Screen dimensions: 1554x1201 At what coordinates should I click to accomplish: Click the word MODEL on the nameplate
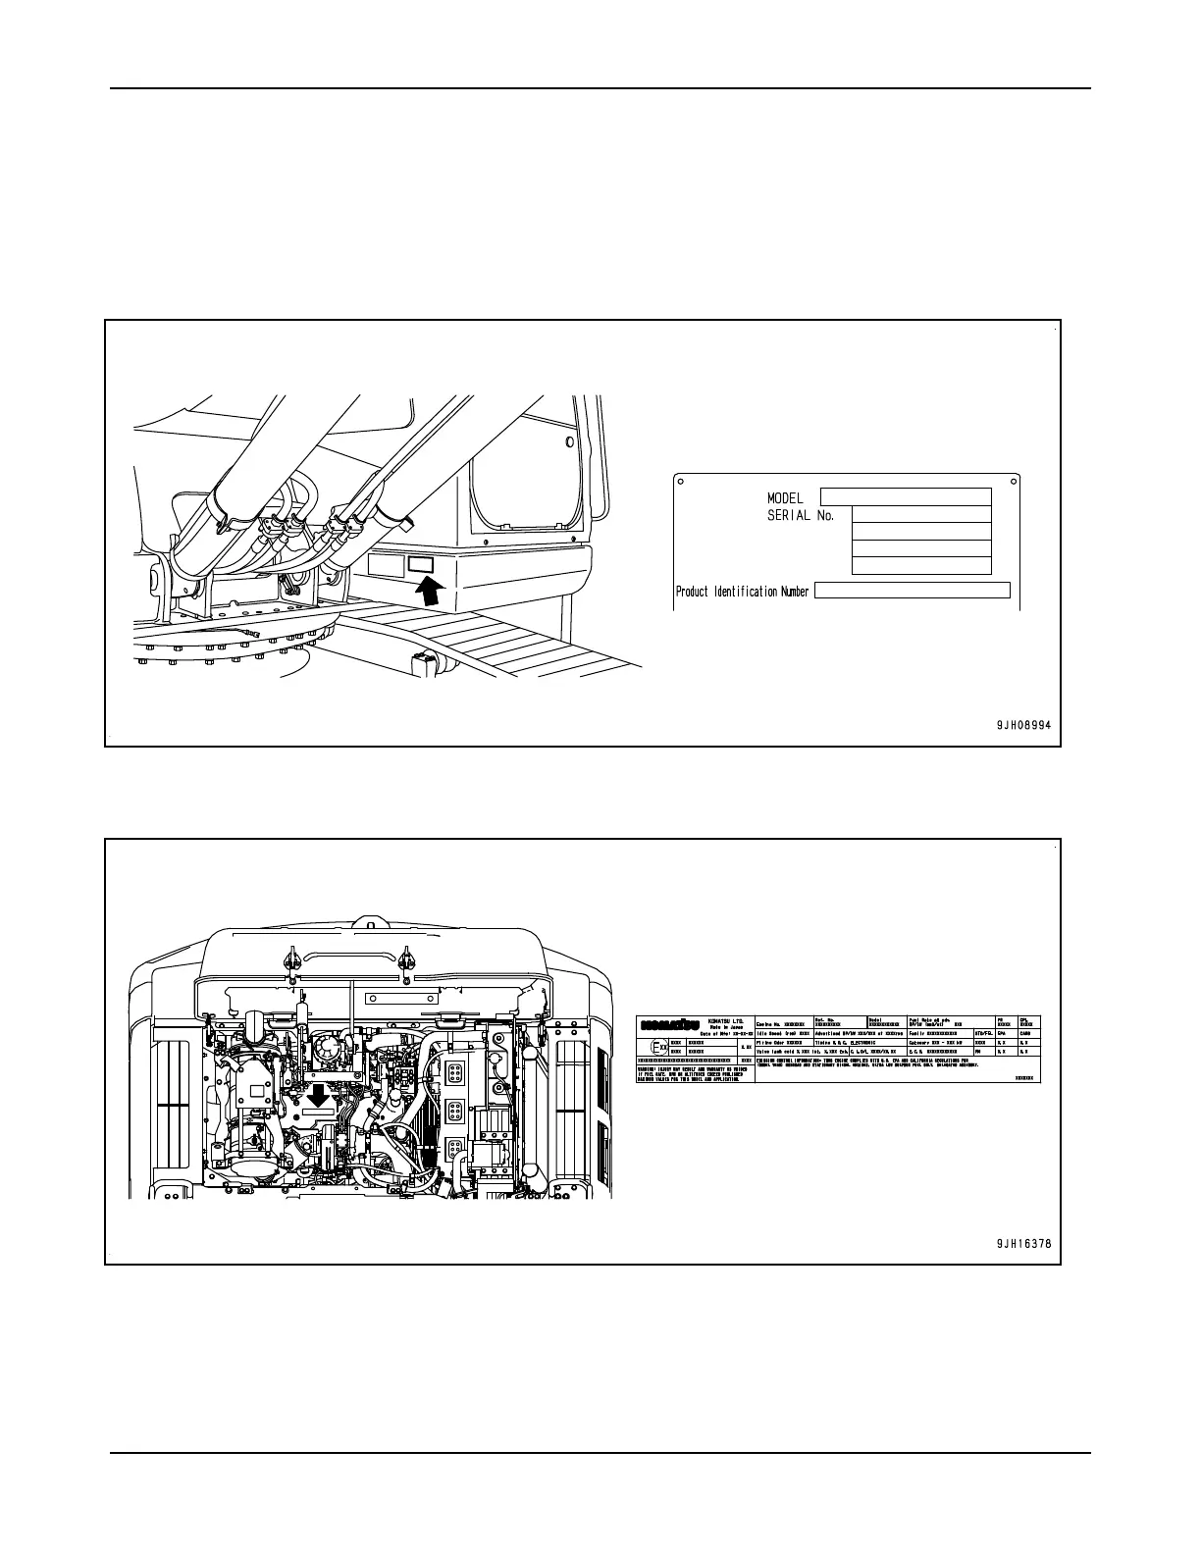[x=785, y=498]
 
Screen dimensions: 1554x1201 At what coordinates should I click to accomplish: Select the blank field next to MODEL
[x=905, y=497]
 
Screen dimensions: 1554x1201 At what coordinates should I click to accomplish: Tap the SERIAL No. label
[x=801, y=516]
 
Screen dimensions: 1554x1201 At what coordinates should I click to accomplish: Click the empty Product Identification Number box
[x=913, y=590]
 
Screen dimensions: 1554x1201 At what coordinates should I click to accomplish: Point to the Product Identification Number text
[x=743, y=592]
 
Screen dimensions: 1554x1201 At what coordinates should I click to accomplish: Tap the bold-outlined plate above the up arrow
[x=420, y=563]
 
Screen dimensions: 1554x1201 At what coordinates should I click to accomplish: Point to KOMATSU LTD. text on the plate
[x=726, y=1020]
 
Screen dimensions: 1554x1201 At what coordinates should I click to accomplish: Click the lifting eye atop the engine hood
[x=365, y=922]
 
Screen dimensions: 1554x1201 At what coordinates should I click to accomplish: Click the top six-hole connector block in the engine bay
[x=454, y=1072]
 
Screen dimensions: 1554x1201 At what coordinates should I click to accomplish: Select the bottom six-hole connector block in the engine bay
[x=454, y=1151]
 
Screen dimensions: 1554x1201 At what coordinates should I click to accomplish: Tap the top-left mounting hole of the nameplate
[x=681, y=481]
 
